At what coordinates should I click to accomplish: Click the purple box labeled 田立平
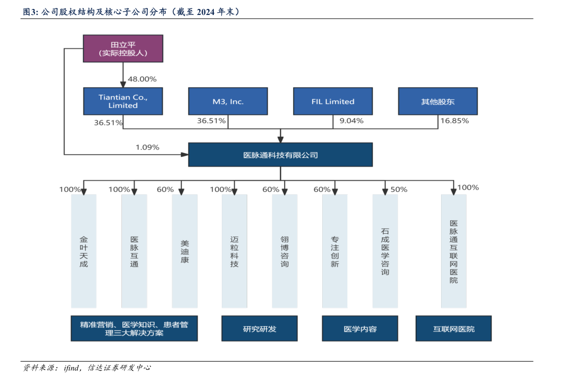[123, 48]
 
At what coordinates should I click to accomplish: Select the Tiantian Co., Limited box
[123, 101]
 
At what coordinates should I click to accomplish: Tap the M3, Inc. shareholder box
[228, 101]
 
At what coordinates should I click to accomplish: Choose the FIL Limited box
[333, 101]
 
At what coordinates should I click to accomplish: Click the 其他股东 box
[438, 101]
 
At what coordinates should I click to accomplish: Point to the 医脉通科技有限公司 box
[280, 155]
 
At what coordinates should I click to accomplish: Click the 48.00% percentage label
[142, 79]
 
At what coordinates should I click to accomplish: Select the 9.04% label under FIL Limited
[351, 121]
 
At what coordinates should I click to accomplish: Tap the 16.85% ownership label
[454, 121]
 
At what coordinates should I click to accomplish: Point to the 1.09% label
[147, 147]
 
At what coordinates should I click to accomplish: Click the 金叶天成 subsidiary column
[83, 251]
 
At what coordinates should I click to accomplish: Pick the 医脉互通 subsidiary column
[134, 251]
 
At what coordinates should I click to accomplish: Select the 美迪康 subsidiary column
[185, 251]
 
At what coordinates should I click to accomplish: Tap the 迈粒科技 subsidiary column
[234, 251]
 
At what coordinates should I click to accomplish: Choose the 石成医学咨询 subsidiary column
[385, 251]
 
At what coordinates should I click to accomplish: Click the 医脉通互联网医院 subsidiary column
[454, 251]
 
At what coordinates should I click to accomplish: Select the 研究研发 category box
[259, 329]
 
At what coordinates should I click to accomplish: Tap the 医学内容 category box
[360, 329]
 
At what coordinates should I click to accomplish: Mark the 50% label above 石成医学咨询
[399, 190]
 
